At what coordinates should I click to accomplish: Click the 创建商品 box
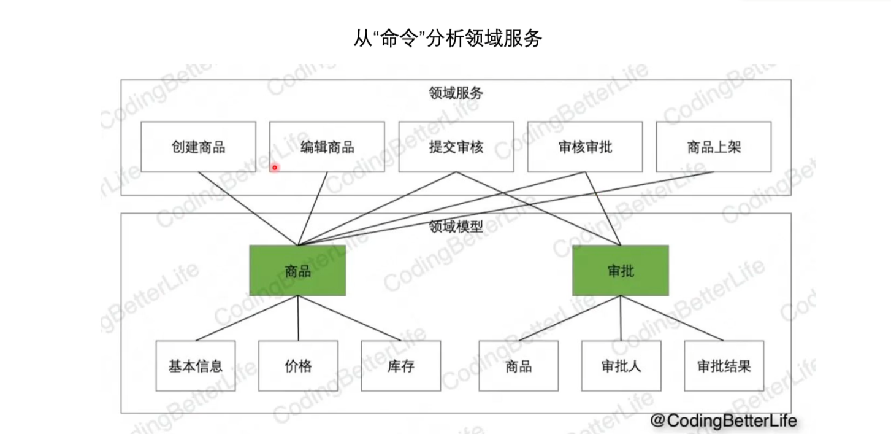(x=198, y=147)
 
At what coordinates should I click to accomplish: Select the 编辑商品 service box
(x=327, y=147)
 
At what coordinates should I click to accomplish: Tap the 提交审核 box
(x=456, y=147)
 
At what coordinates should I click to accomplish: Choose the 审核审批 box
(x=584, y=147)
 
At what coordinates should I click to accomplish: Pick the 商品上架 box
(x=713, y=147)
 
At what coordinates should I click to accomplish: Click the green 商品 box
(x=297, y=271)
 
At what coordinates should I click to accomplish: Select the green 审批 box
(x=621, y=271)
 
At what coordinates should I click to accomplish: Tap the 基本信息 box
(x=195, y=366)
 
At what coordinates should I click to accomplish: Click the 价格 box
(x=298, y=366)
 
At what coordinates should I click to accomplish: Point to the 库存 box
(x=400, y=366)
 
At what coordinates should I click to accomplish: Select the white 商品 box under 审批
(x=518, y=366)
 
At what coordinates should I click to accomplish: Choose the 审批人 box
(x=621, y=366)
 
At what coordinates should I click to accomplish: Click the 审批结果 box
(x=724, y=366)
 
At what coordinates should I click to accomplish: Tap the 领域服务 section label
(x=456, y=93)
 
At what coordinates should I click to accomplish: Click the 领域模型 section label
(x=456, y=227)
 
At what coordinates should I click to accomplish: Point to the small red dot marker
(x=275, y=167)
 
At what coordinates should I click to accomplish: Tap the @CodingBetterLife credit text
(x=724, y=420)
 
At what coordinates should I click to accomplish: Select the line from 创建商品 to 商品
(x=247, y=208)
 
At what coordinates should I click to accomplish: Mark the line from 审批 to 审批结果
(x=672, y=318)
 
